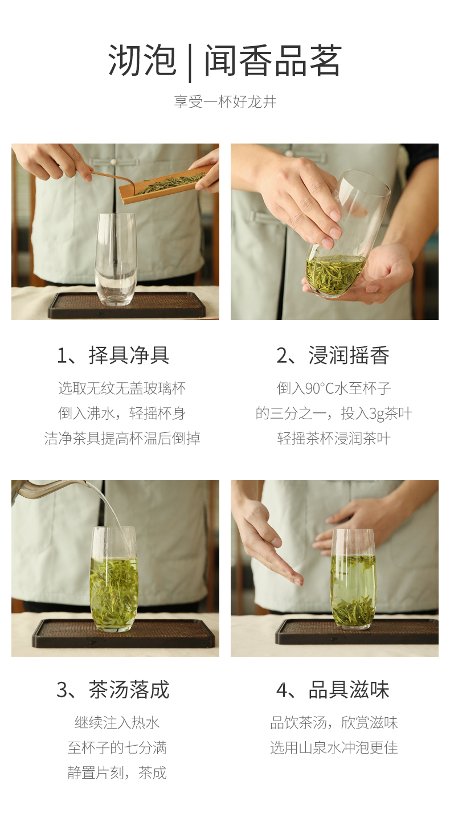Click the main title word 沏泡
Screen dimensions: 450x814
tap(142, 60)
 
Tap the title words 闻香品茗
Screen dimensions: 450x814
tap(273, 60)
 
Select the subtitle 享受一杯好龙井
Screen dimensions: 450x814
tap(225, 102)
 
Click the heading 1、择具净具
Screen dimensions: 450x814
tap(113, 355)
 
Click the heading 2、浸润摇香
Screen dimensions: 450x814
tap(333, 355)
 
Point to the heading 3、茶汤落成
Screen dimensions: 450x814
tap(113, 690)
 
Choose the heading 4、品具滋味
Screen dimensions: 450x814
tap(333, 690)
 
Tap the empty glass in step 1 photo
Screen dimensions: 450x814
tap(115, 259)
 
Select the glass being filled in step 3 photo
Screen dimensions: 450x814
tap(114, 579)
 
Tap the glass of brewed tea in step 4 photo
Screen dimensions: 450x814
tap(353, 579)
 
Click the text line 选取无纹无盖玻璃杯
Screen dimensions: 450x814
tap(122, 388)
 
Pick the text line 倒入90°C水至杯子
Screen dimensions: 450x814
tap(334, 388)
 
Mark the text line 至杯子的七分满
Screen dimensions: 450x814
tap(117, 748)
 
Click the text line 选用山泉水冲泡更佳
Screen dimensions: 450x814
tap(334, 748)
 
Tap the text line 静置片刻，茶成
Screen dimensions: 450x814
tap(117, 773)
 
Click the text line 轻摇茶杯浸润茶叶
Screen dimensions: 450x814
tap(334, 438)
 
